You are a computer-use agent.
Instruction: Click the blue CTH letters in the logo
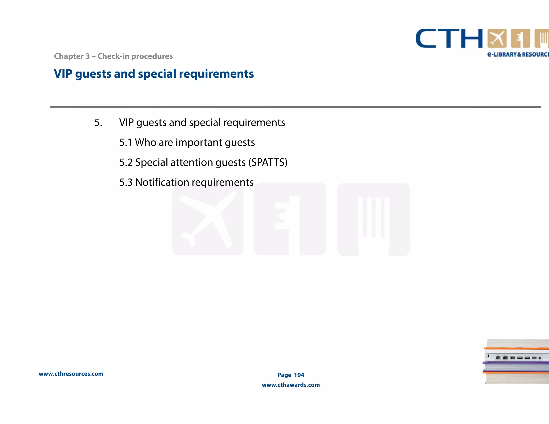(x=449, y=39)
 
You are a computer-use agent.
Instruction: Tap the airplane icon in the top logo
(x=497, y=39)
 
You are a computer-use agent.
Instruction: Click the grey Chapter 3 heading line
(x=113, y=56)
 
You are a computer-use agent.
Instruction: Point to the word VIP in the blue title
(x=63, y=74)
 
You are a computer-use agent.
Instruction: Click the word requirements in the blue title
(x=216, y=74)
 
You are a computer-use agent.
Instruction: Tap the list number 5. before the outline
(x=98, y=123)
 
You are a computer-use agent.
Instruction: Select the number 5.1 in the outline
(x=126, y=143)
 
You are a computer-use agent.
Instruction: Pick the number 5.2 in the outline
(x=126, y=162)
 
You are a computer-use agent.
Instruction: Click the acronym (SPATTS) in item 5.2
(x=268, y=162)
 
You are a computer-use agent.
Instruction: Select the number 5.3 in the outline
(x=126, y=182)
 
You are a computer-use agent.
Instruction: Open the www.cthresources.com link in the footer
(x=71, y=374)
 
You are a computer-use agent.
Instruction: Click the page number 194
(x=299, y=375)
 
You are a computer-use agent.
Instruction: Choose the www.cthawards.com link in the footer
(x=291, y=385)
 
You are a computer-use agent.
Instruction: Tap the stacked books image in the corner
(x=516, y=361)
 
